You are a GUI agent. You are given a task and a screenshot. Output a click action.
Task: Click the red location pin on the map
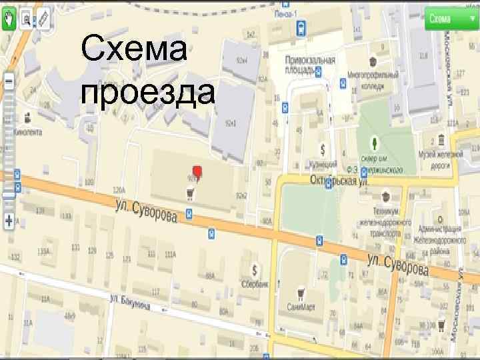tap(197, 171)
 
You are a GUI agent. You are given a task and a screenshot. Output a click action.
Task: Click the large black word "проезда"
tap(147, 94)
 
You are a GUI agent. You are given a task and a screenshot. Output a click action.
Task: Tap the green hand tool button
tap(9, 20)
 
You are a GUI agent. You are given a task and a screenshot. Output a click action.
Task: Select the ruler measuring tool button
tap(44, 20)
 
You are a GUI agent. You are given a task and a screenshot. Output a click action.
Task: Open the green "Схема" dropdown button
tap(444, 19)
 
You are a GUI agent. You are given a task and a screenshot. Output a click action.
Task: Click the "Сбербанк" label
tap(255, 283)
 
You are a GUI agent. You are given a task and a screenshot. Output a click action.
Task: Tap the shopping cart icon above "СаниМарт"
tap(301, 291)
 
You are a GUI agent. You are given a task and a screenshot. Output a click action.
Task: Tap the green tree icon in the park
tap(375, 143)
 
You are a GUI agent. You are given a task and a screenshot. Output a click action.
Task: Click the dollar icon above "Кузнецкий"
tap(323, 149)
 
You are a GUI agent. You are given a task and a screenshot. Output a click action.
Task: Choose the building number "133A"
tap(44, 251)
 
